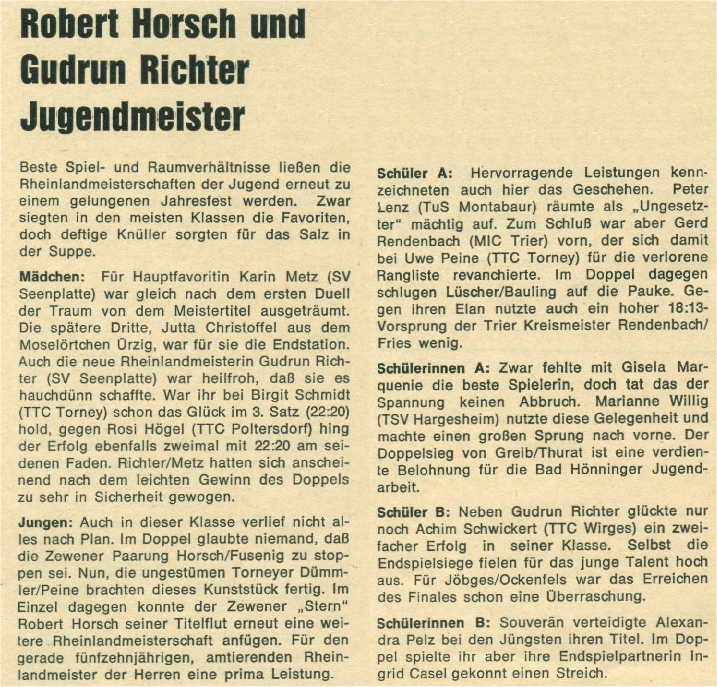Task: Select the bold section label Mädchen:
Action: [54, 272]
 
